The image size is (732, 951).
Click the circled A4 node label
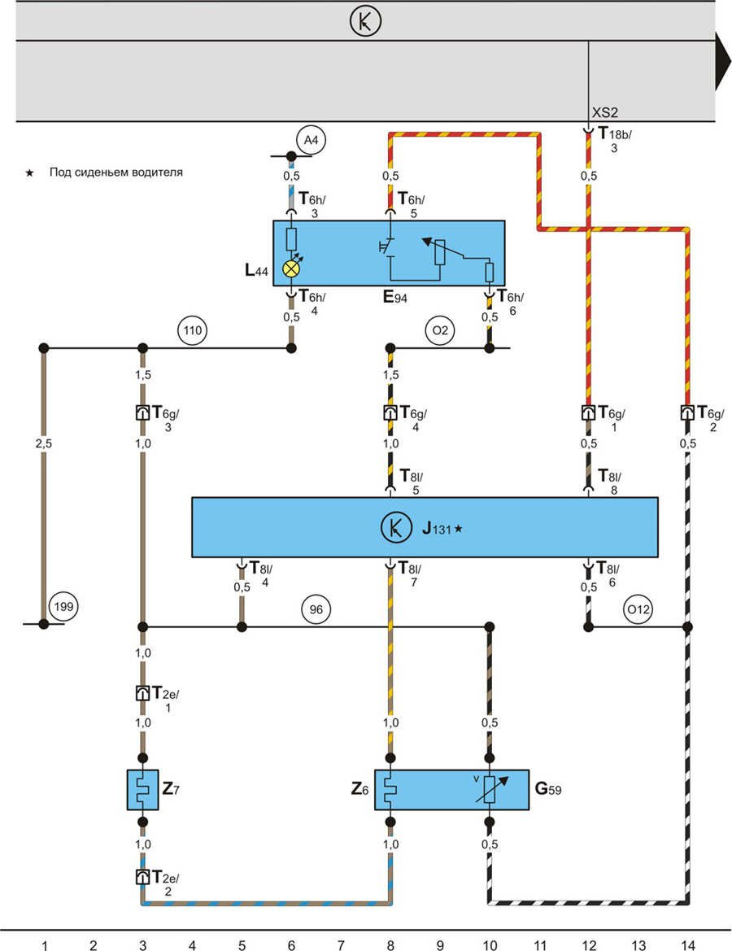click(x=312, y=141)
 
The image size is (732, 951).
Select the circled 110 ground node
click(x=193, y=331)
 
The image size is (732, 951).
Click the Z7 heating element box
click(x=142, y=789)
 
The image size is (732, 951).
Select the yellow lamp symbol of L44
click(x=290, y=268)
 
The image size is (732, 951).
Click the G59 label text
click(x=547, y=788)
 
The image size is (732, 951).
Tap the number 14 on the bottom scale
click(x=688, y=944)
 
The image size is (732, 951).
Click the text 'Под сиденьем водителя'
click(x=115, y=172)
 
